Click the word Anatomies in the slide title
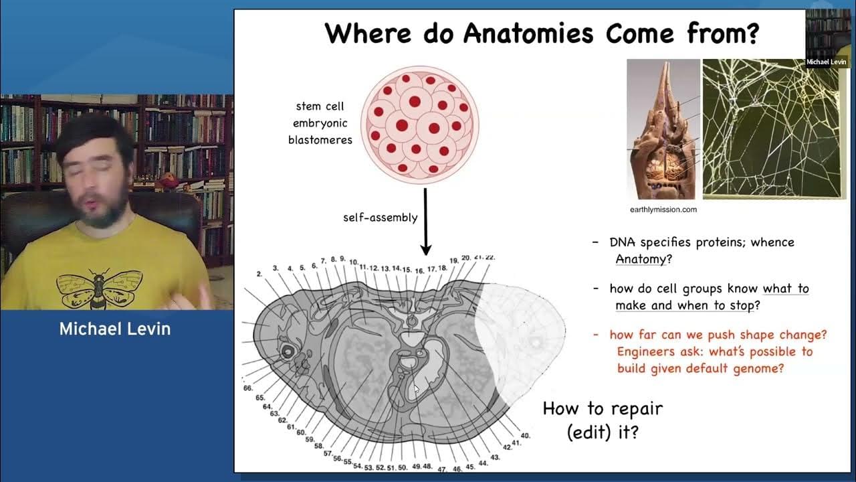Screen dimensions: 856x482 coord(528,33)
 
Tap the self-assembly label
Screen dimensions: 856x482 coord(381,218)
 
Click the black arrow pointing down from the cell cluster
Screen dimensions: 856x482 coord(425,222)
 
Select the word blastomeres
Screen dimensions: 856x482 coord(320,140)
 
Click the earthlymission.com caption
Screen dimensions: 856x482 coord(663,210)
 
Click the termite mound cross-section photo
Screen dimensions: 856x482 coord(663,129)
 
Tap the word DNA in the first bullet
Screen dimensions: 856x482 coord(623,242)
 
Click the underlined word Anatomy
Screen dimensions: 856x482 coord(641,259)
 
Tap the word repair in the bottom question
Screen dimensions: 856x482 coord(637,409)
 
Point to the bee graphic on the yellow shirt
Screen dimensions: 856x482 coord(100,288)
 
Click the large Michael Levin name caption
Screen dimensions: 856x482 coord(114,329)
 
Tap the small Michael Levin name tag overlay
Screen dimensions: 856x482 coord(826,62)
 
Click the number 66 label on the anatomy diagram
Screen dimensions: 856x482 coord(247,388)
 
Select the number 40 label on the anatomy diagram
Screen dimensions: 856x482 coord(525,435)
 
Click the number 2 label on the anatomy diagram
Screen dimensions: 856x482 coord(259,274)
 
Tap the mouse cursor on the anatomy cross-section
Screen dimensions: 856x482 coord(416,389)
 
